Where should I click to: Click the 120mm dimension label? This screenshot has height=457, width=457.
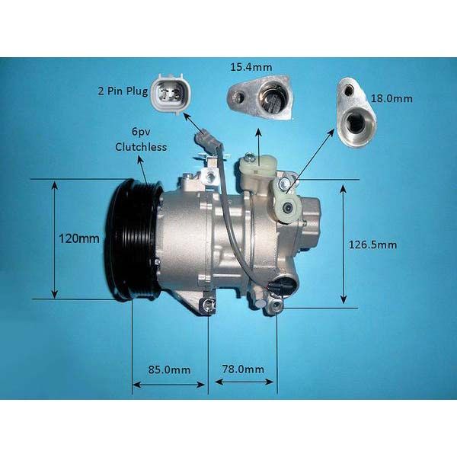pos(79,238)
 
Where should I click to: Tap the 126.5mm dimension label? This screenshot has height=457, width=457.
pos(372,244)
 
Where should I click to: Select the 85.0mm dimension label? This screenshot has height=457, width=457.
pos(169,370)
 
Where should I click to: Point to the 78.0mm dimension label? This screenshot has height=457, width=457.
pos(243,369)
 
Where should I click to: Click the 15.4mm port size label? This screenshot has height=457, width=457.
pos(251,67)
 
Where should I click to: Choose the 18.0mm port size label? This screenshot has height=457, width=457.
pos(391,98)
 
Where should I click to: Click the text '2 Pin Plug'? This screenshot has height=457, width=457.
pos(123,91)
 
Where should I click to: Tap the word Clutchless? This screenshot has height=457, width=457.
pos(141,147)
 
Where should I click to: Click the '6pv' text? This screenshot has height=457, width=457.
pos(141,132)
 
